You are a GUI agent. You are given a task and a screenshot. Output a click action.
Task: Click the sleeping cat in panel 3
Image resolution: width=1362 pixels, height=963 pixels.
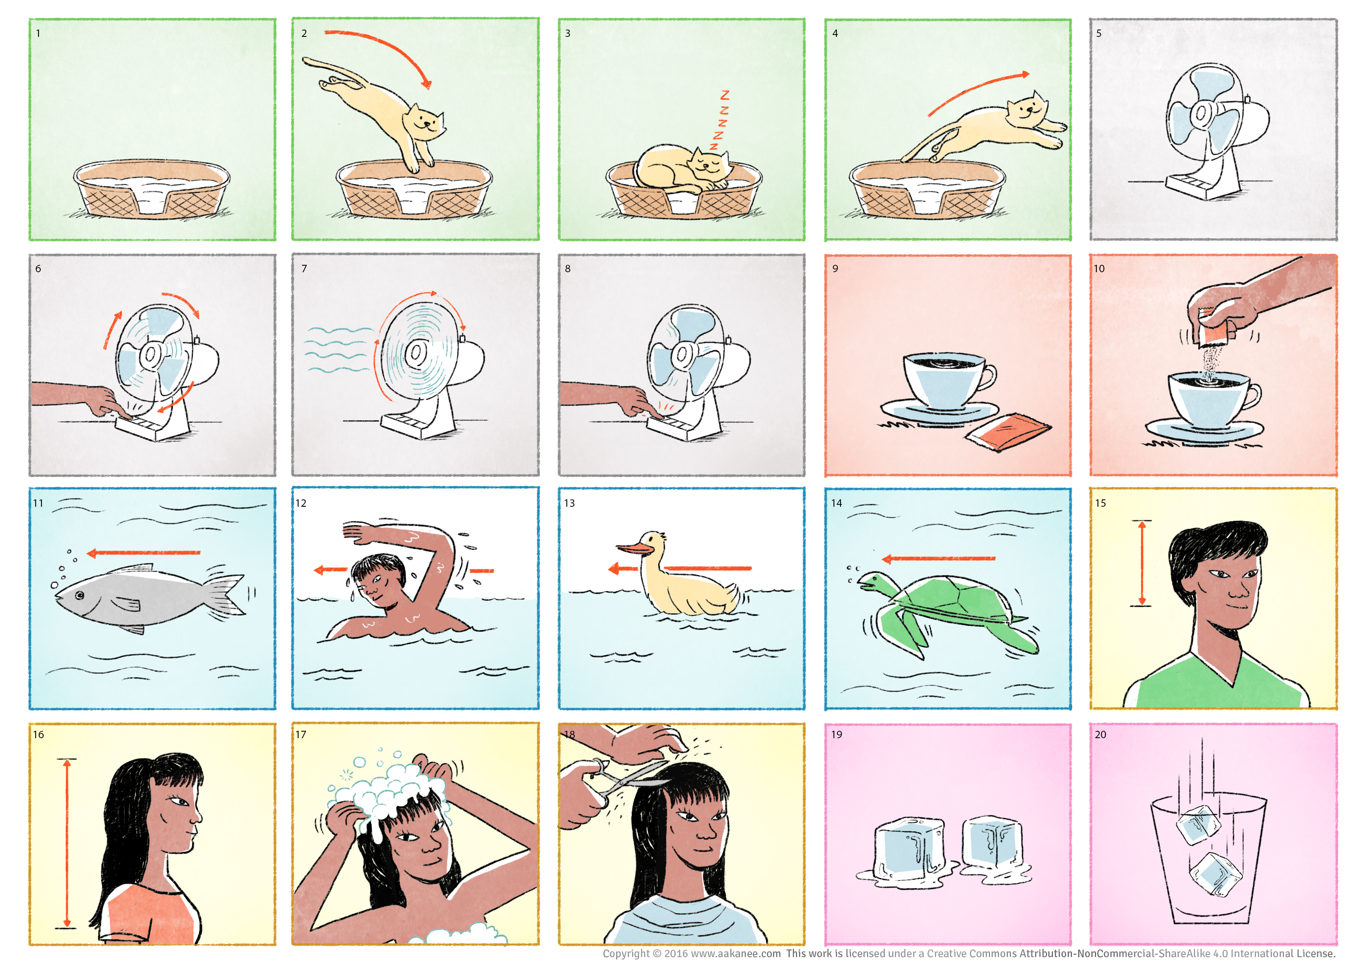click(x=682, y=169)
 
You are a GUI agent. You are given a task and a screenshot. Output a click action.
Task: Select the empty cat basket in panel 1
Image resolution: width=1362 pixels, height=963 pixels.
click(x=151, y=189)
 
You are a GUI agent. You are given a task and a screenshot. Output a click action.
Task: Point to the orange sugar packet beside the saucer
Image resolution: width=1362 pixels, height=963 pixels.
click(x=1008, y=431)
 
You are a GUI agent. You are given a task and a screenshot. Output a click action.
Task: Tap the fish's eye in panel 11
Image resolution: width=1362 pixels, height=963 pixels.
click(x=80, y=595)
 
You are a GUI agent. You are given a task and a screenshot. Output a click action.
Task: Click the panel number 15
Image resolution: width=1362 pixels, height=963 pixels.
click(x=1100, y=503)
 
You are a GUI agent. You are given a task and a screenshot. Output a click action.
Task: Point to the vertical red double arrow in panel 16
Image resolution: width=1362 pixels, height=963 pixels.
click(x=67, y=843)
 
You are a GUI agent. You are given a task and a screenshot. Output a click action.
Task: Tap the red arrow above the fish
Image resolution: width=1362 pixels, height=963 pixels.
click(x=144, y=553)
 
